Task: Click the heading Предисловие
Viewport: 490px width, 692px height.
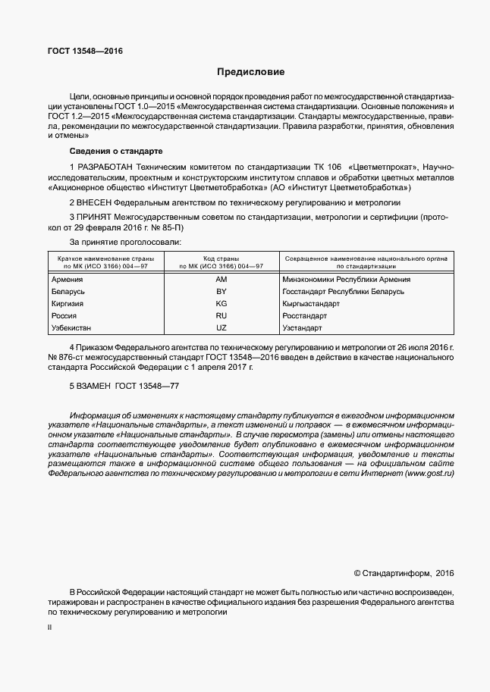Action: point(250,73)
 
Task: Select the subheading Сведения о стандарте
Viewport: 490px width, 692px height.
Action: point(110,151)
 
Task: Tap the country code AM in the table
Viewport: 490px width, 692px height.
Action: point(221,280)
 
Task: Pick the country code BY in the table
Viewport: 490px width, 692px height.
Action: point(221,292)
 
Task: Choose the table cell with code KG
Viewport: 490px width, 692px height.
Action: point(221,304)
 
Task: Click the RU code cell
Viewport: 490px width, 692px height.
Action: point(221,316)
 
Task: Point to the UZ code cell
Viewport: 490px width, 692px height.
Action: point(221,328)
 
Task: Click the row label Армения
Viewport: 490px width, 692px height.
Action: point(68,280)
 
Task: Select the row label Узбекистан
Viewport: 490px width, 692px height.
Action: point(72,328)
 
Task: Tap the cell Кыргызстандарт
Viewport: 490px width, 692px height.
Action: point(312,304)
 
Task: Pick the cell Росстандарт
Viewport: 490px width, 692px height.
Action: point(306,316)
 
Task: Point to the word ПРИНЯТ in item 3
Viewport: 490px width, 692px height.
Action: point(96,218)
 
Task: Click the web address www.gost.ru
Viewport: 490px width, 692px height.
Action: point(429,473)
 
